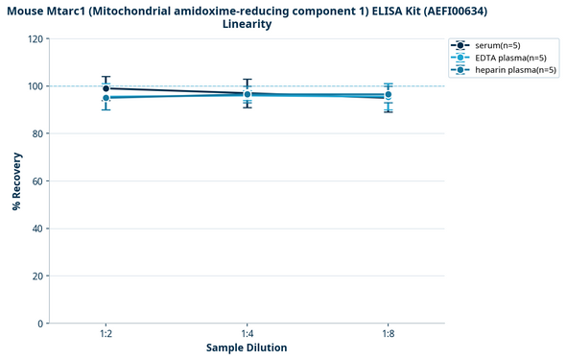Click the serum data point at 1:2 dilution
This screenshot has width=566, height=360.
(x=106, y=88)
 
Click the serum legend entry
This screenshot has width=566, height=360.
(x=497, y=45)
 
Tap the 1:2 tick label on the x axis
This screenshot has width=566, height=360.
(x=106, y=333)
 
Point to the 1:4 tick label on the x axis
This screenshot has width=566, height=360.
(x=247, y=333)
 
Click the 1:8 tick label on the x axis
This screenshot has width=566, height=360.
(x=388, y=333)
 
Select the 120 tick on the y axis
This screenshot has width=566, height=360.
(x=35, y=39)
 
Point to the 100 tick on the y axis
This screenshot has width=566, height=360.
(x=35, y=86)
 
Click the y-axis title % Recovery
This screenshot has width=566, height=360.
(x=16, y=180)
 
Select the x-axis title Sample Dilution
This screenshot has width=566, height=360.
(x=247, y=348)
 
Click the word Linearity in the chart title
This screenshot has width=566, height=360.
(x=247, y=24)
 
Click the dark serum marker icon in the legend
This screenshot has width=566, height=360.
(x=460, y=45)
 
